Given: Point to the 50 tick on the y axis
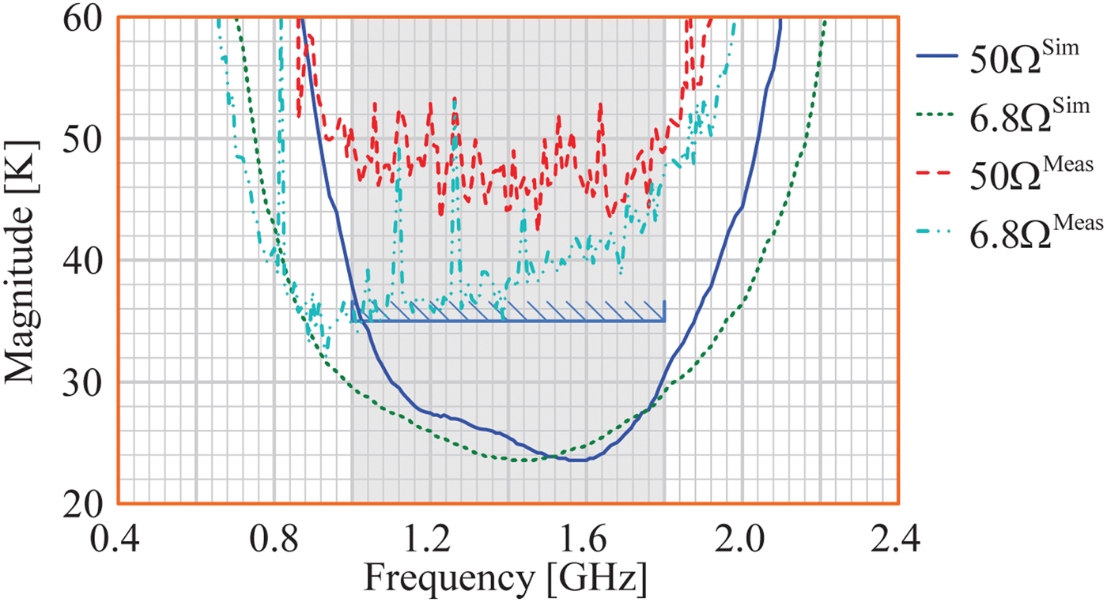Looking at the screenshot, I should pos(86,139).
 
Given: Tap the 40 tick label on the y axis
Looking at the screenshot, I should pos(86,261).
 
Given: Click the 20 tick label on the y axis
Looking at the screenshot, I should pos(86,502).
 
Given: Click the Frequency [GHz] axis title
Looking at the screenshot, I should pos(507,579).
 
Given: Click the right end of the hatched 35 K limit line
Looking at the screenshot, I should pos(663,321).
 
